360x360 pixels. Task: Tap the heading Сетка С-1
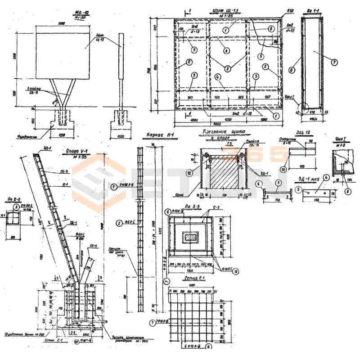[195, 279]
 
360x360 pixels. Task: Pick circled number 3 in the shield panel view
[227, 68]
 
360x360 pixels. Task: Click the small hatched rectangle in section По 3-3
[188, 237]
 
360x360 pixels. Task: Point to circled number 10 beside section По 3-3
[236, 271]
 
